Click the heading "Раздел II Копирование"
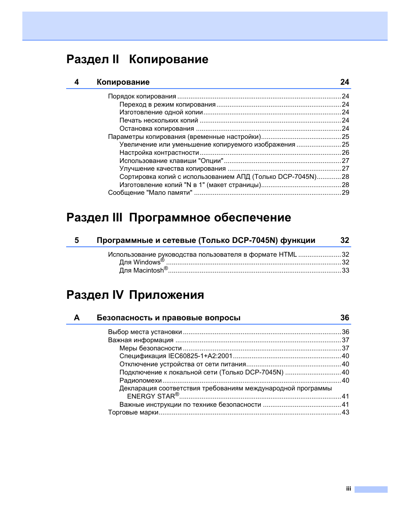pos(137,59)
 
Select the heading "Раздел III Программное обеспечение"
pos(178,218)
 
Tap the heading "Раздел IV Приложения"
pos(135,295)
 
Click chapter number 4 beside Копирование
pos(76,82)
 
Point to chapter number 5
pos(76,240)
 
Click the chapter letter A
pos(77,318)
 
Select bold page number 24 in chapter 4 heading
pos(344,82)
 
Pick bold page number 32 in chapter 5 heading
pos(344,240)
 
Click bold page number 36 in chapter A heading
pos(344,318)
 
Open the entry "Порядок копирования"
pos(142,96)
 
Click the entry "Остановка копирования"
pos(156,129)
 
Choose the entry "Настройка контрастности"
pos(159,153)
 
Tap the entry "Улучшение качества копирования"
pos(172,169)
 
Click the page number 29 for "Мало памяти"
pos(345,193)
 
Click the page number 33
pos(345,270)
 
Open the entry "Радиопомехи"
pos(141,381)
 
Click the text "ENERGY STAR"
pos(151,396)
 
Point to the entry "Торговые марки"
pos(133,412)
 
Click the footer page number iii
pos(349,489)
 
